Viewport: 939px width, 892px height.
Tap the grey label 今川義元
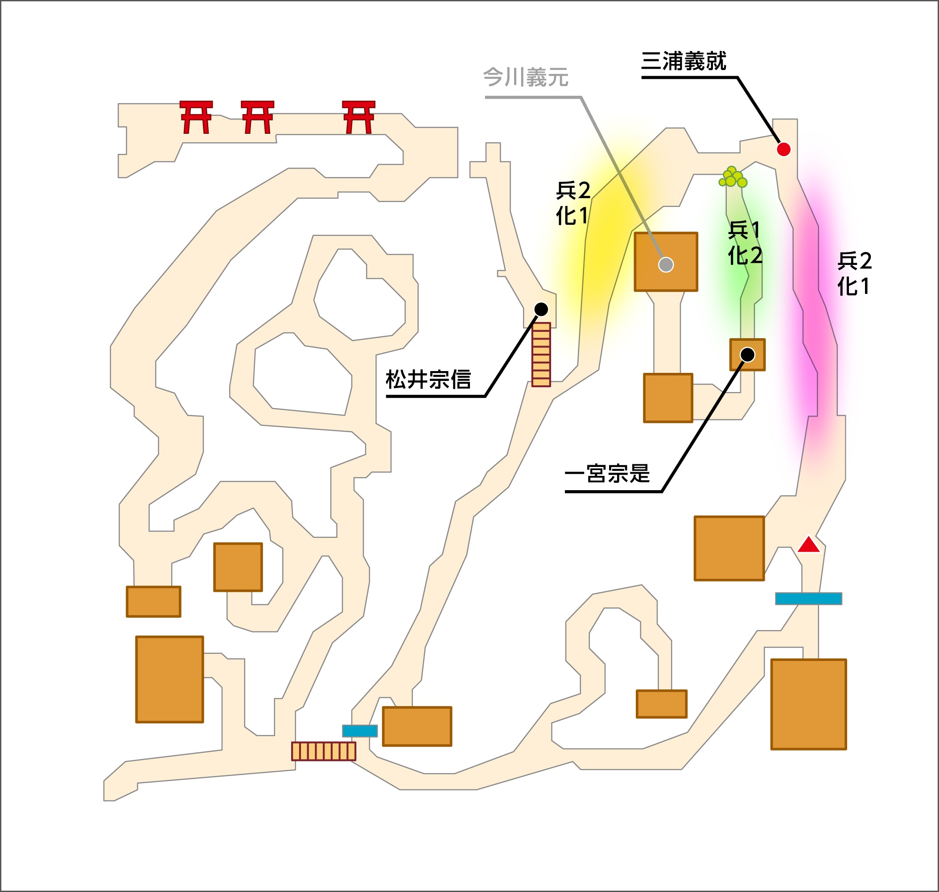click(x=525, y=78)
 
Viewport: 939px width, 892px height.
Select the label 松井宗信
click(x=428, y=380)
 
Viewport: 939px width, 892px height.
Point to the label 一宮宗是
click(x=607, y=474)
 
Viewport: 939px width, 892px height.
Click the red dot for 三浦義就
click(x=783, y=149)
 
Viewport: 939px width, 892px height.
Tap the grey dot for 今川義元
click(x=666, y=264)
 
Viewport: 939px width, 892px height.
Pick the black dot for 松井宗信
click(x=541, y=310)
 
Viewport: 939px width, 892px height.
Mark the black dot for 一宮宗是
click(x=747, y=355)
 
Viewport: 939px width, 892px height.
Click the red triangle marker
click(x=809, y=545)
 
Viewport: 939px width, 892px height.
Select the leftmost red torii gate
click(x=196, y=117)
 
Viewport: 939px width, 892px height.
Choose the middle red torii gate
click(x=257, y=117)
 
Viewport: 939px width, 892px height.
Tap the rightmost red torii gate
click(x=358, y=117)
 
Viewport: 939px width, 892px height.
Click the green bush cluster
click(x=733, y=177)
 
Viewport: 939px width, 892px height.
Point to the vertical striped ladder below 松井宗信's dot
click(x=541, y=355)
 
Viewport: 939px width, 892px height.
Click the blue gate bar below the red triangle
click(x=808, y=599)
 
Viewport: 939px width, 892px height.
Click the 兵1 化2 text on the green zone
click(x=745, y=243)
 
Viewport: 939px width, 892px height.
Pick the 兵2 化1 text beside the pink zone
click(x=854, y=273)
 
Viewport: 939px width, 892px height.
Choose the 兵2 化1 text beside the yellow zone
click(x=573, y=203)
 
